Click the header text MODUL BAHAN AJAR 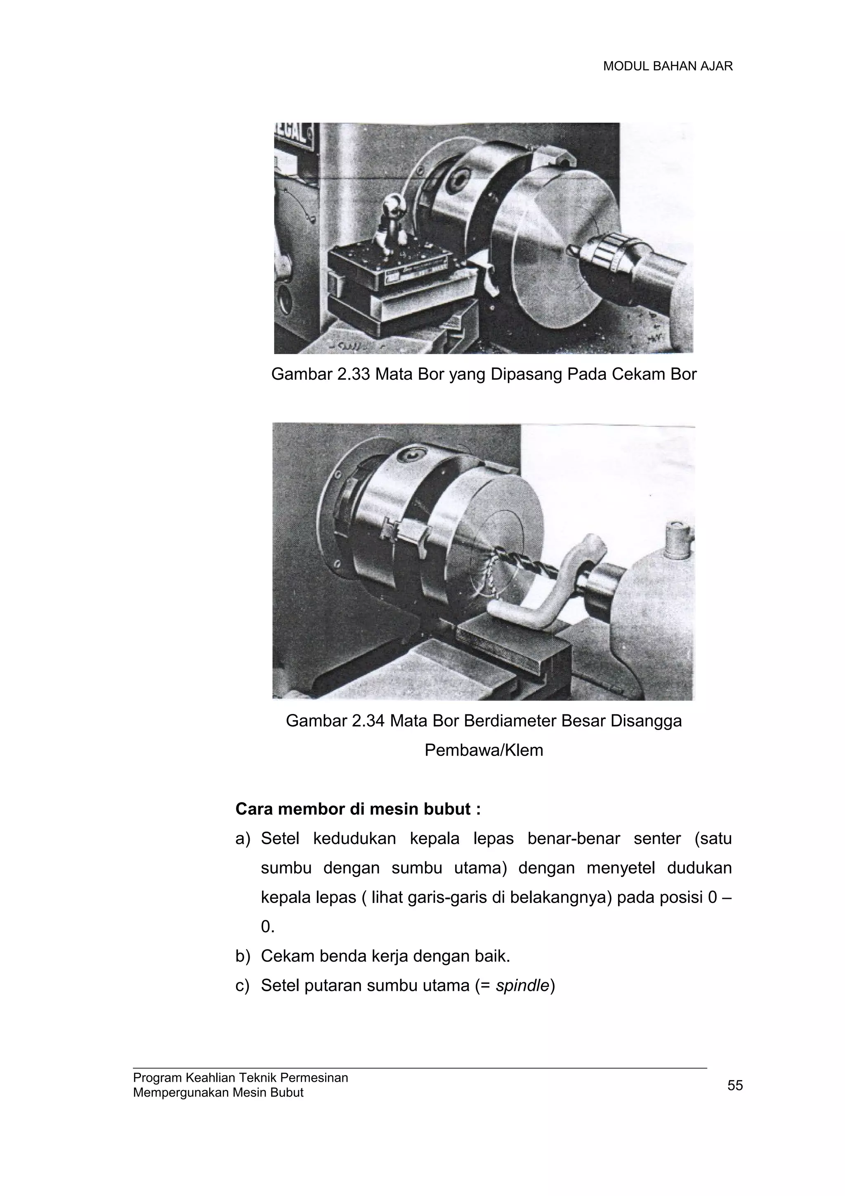pyautogui.click(x=668, y=66)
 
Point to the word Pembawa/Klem pyautogui.click(x=484, y=750)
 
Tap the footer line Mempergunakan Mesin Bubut pyautogui.click(x=218, y=1092)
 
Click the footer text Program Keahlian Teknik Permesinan pyautogui.click(x=241, y=1077)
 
